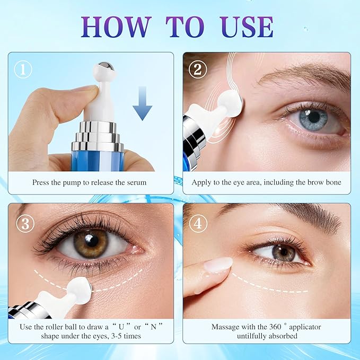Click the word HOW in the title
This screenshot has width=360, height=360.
(116, 27)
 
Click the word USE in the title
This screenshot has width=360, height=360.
(247, 27)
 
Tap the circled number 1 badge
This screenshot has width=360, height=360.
(23, 69)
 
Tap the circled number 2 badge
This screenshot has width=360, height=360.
(198, 69)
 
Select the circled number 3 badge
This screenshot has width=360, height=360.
(25, 223)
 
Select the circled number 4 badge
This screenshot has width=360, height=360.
(198, 223)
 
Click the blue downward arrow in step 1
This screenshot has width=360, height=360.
(142, 103)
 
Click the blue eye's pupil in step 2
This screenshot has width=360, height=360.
(314, 117)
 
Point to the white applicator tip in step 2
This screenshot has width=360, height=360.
(230, 101)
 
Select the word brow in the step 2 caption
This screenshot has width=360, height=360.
(315, 182)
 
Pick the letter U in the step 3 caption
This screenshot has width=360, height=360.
(121, 327)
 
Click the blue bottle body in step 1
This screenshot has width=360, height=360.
(98, 161)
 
